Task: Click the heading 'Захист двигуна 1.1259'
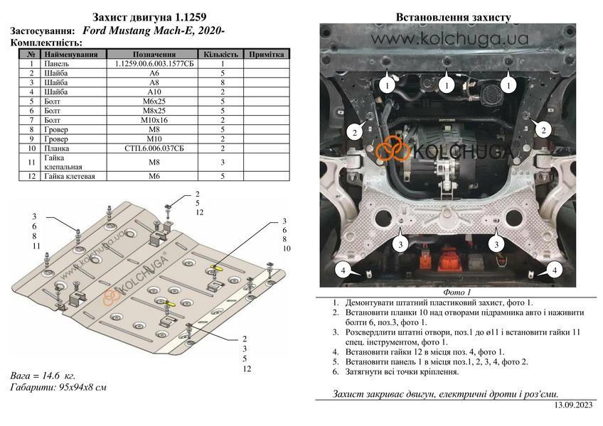(x=149, y=17)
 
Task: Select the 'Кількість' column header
(x=220, y=54)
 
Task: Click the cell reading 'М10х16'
(x=154, y=120)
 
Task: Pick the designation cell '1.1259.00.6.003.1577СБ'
(x=154, y=64)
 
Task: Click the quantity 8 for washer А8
(x=223, y=82)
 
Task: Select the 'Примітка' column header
(x=266, y=54)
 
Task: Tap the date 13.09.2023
(x=573, y=405)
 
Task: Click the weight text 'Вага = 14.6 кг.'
(x=43, y=376)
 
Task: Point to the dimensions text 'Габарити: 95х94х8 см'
(x=58, y=387)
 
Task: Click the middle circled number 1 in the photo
(x=447, y=85)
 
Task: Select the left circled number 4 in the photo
(x=343, y=270)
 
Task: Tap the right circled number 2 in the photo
(x=543, y=130)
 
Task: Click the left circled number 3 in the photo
(x=401, y=244)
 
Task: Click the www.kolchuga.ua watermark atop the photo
(x=449, y=39)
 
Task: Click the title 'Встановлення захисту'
(x=454, y=17)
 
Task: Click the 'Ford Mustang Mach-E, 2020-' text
(x=154, y=31)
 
